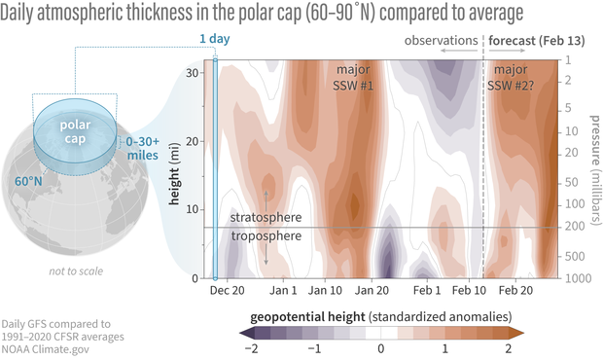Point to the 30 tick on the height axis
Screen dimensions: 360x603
(x=195, y=73)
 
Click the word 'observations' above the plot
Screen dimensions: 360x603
(x=442, y=43)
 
